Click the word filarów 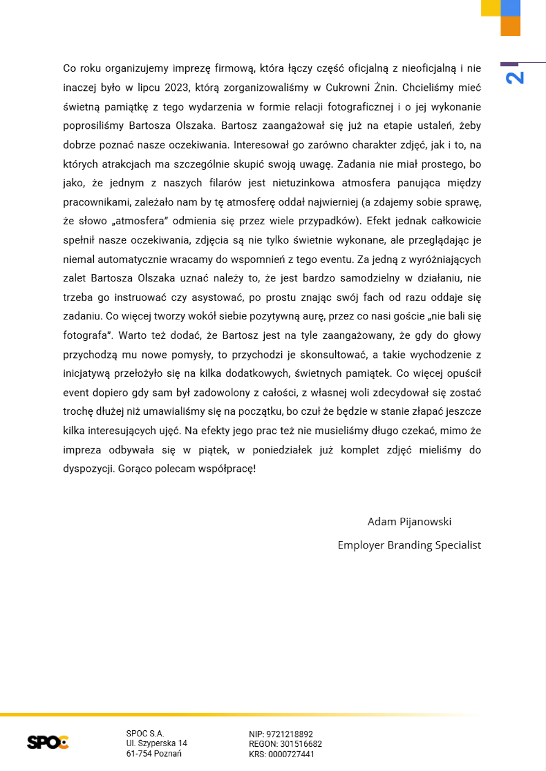click(x=225, y=183)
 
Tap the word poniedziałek click(x=282, y=450)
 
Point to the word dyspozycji click(x=88, y=469)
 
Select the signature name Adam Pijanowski click(x=409, y=522)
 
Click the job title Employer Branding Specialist click(x=409, y=545)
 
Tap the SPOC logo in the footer click(x=48, y=742)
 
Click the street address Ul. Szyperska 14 click(x=157, y=743)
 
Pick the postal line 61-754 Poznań click(x=154, y=754)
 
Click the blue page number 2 click(x=515, y=78)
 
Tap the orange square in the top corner click(x=510, y=26)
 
